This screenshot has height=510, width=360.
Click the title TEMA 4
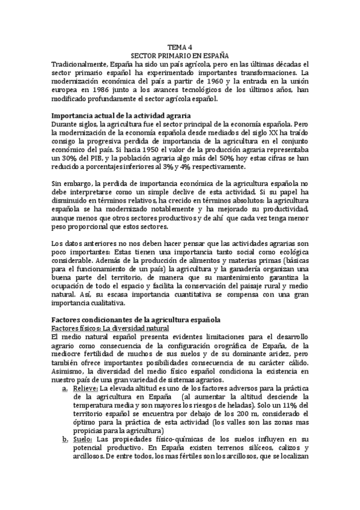(x=180, y=46)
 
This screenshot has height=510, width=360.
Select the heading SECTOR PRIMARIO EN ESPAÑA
(x=180, y=55)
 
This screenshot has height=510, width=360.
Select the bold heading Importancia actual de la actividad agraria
(x=121, y=115)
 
